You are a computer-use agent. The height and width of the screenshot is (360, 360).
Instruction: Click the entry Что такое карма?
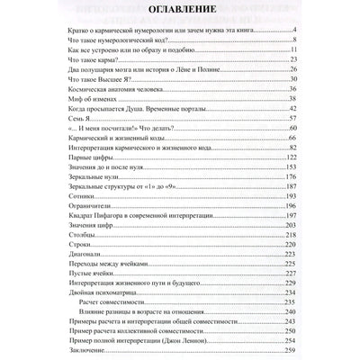tap(82, 83)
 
